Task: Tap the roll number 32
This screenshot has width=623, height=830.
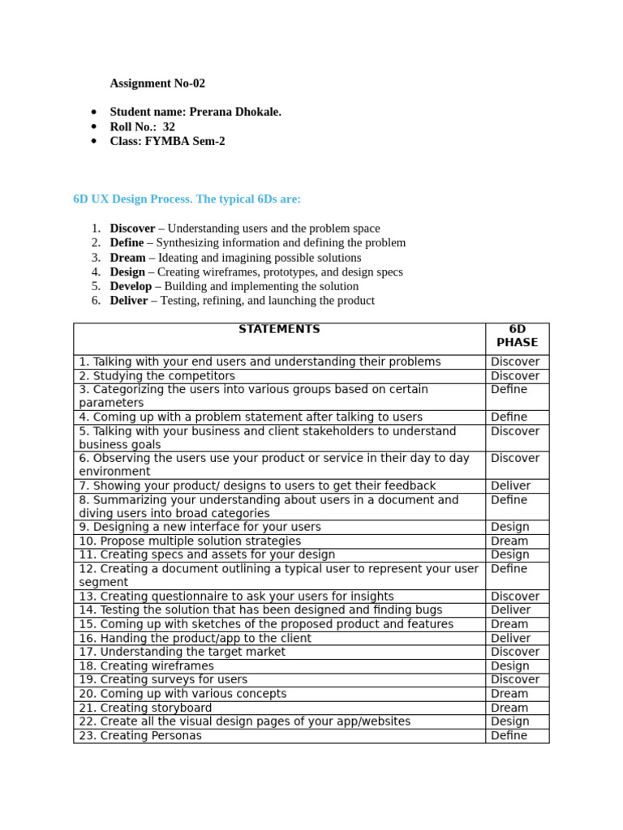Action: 169,126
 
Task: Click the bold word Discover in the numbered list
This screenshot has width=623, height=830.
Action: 132,229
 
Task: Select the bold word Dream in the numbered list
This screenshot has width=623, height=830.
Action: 127,258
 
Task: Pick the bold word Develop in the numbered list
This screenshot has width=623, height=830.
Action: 131,286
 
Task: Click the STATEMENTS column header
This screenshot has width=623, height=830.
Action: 279,330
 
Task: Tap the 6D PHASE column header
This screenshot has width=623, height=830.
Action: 517,336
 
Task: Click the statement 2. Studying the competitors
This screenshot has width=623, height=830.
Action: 157,376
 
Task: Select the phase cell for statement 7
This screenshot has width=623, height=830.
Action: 510,486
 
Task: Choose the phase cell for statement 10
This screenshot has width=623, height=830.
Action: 509,541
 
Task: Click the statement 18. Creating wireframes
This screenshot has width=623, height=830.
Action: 146,666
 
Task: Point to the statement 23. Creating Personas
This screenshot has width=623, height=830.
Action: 140,736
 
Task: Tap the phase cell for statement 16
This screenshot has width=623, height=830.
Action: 510,638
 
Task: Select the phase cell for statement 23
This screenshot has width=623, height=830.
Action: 509,736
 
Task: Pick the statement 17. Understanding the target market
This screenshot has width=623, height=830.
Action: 182,652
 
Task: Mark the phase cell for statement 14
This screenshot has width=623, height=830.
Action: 510,610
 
